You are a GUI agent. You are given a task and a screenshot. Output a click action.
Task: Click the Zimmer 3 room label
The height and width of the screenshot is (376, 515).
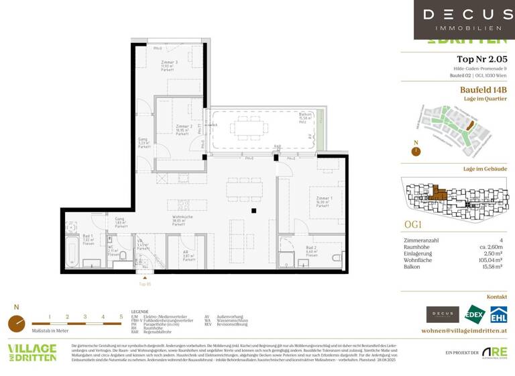tap(168, 64)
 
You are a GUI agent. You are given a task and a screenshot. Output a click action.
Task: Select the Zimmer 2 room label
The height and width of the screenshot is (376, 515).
tap(184, 128)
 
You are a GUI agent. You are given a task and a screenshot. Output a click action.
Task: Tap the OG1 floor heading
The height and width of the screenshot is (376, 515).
tap(413, 224)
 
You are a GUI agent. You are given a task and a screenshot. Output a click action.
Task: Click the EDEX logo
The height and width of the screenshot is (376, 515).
tap(475, 314)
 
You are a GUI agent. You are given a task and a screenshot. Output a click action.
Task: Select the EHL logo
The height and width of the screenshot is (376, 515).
tap(498, 314)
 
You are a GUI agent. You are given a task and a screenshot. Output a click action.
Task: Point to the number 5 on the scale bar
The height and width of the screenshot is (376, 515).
tap(121, 316)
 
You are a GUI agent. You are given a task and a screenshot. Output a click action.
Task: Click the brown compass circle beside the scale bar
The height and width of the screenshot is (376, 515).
tap(16, 324)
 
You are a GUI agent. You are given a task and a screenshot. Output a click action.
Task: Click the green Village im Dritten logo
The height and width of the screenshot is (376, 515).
tap(32, 353)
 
